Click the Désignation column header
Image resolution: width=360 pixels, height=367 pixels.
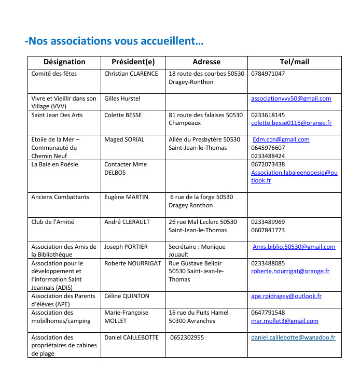(x=64, y=62)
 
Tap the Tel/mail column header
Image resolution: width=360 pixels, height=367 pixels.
(x=294, y=62)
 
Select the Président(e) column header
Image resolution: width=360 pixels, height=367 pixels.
(x=133, y=62)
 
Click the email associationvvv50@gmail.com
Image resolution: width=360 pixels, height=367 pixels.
(x=290, y=98)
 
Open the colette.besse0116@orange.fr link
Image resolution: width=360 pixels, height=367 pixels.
(x=291, y=123)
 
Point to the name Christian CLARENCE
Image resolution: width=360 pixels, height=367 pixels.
(x=131, y=74)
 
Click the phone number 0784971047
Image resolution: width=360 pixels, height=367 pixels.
(x=268, y=74)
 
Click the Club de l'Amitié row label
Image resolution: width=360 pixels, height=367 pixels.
(x=53, y=222)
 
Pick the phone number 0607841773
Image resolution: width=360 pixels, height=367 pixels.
(x=268, y=230)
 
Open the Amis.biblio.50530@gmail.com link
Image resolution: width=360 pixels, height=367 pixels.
(x=294, y=247)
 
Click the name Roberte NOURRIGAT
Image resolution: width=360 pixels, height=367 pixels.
(x=132, y=263)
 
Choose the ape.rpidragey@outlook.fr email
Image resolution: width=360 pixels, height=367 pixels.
(x=286, y=296)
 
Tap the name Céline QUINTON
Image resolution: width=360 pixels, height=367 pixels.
(x=127, y=296)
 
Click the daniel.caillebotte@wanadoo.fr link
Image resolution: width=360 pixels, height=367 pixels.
(x=293, y=337)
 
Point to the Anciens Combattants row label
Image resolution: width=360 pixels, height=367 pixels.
(x=60, y=197)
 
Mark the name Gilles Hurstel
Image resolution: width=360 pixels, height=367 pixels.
(x=122, y=98)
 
